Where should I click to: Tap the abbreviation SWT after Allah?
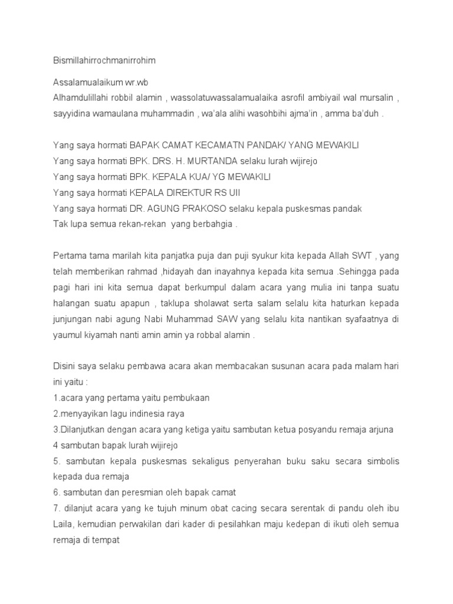(x=360, y=255)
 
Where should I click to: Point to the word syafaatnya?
(x=360, y=319)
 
